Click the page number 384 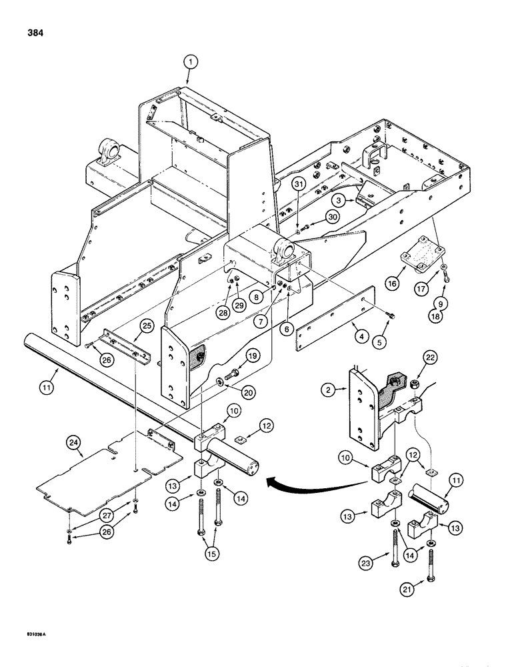(x=34, y=33)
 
